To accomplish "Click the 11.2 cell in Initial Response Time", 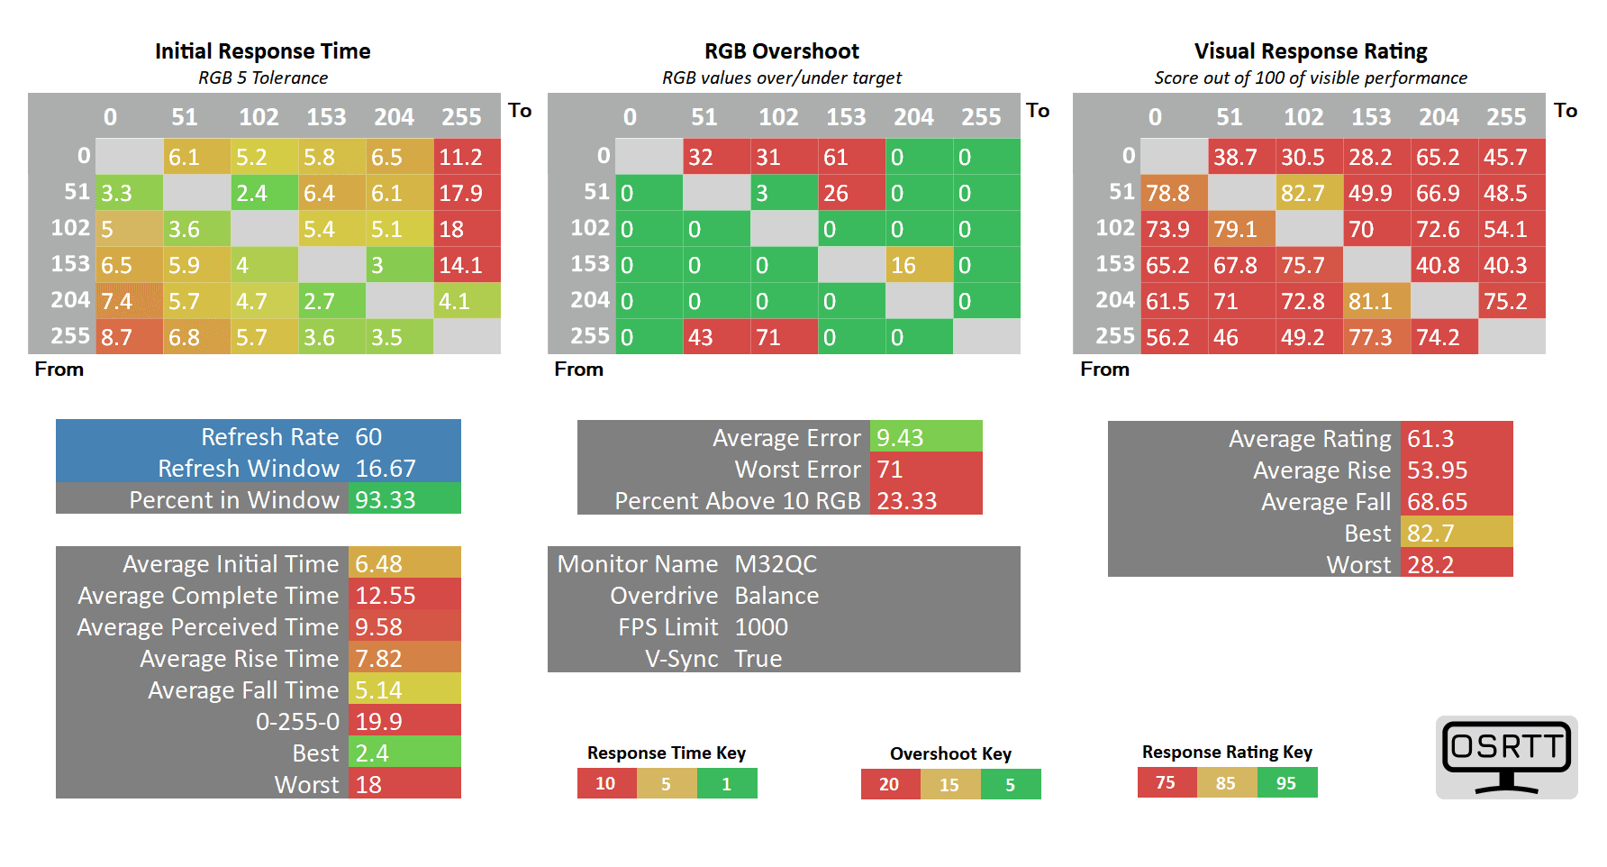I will coord(467,157).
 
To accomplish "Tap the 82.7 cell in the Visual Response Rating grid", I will coord(1309,193).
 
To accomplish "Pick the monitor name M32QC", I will coord(776,564).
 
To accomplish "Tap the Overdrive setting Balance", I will coord(776,596).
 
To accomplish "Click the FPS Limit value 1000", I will coord(761,627).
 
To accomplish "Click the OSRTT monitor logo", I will coord(1506,757).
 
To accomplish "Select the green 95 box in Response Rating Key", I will coord(1286,783).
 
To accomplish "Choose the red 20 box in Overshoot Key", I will coord(889,785).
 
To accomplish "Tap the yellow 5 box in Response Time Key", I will coord(666,784).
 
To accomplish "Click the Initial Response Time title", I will coord(262,51).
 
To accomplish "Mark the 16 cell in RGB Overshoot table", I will coord(919,265).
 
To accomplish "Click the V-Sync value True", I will coord(758,659).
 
